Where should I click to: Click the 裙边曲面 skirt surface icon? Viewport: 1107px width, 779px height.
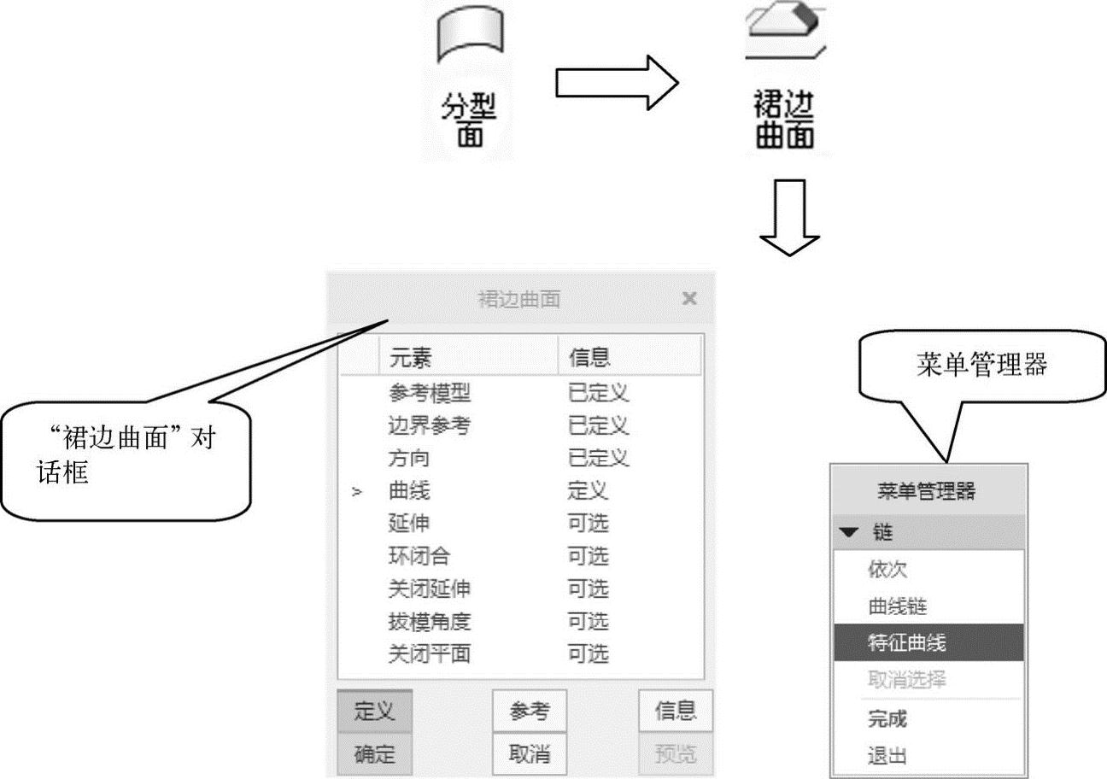pos(784,29)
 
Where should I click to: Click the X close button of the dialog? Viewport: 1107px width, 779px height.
pos(690,299)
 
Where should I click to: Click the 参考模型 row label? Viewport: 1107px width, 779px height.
pos(430,394)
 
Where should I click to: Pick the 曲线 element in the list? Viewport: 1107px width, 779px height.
pos(410,491)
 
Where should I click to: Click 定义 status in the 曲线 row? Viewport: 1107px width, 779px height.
pos(588,491)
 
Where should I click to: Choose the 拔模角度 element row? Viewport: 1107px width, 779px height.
pos(430,621)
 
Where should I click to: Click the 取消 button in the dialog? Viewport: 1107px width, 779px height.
pos(529,754)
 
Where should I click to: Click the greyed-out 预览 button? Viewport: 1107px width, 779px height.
pos(675,754)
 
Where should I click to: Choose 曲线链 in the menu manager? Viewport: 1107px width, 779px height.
pos(897,606)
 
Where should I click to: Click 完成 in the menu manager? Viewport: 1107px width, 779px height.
pos(887,719)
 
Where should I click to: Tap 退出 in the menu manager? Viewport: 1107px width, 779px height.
pos(887,756)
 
